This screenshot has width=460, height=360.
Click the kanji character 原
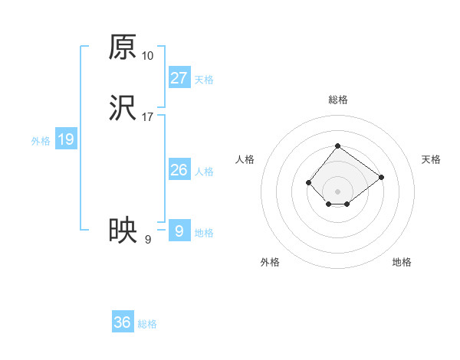(x=123, y=47)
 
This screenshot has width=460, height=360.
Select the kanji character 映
(x=123, y=231)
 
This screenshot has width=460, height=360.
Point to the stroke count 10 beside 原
(x=148, y=56)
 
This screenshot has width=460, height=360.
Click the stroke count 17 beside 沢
(x=148, y=117)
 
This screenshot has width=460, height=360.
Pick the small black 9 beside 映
(x=148, y=239)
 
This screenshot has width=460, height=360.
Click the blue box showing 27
(x=179, y=78)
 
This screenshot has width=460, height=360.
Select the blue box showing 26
(x=179, y=170)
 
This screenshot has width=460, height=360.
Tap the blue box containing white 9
(x=179, y=231)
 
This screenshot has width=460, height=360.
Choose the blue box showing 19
(x=65, y=139)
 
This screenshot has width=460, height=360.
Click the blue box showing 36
(x=122, y=322)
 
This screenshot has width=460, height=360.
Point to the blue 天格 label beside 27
(x=204, y=80)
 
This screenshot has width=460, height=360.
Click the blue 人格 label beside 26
(x=204, y=172)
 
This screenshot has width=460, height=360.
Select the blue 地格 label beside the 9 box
(x=204, y=233)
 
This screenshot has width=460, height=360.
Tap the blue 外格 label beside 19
(x=41, y=141)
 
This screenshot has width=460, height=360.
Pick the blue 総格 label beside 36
(x=147, y=324)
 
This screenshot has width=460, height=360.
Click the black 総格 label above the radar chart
(x=337, y=100)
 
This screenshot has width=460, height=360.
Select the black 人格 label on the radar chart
(x=245, y=159)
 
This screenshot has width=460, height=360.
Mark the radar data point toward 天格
(x=381, y=177)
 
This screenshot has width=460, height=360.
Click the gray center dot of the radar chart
(x=337, y=191)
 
